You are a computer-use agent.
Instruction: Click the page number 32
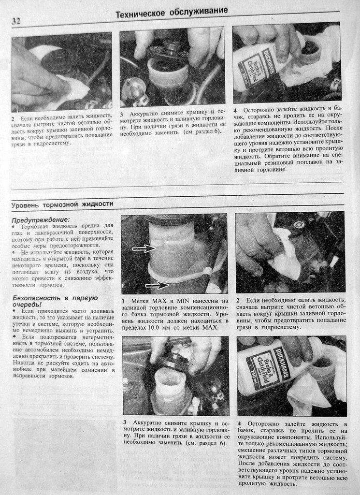pos(16,21)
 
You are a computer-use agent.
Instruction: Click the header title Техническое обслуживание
pos(172,13)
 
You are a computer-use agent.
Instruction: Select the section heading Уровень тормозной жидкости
pos(62,204)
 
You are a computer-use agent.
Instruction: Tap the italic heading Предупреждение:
pos(41,220)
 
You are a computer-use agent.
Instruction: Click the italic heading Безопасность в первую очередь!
pos(55,301)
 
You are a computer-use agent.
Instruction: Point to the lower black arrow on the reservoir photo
pos(158,285)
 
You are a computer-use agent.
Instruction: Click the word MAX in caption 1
pos(161,301)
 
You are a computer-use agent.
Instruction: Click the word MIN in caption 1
pos(184,301)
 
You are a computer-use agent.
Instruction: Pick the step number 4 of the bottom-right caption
pos(240,423)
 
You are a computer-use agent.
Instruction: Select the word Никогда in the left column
pos(23,364)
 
